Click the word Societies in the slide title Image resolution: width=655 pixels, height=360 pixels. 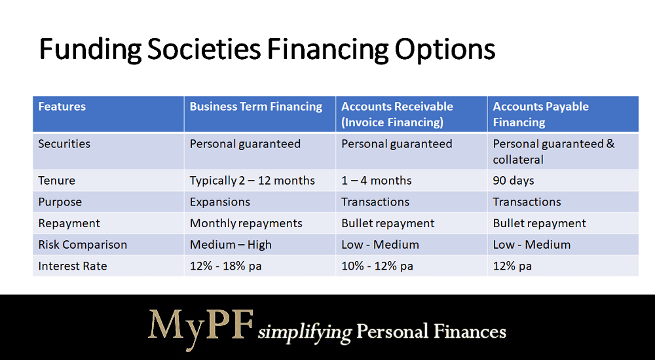click(204, 49)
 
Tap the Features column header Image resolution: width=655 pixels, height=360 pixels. click(62, 107)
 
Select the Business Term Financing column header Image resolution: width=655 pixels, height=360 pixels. click(255, 107)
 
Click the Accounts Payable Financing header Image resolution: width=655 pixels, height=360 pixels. click(540, 115)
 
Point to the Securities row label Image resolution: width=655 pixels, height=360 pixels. click(64, 143)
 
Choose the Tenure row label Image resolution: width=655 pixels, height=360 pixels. click(56, 181)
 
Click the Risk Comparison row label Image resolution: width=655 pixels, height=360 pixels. click(83, 244)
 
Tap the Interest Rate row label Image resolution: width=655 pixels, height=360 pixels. click(72, 266)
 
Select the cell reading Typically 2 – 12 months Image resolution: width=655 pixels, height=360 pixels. click(252, 181)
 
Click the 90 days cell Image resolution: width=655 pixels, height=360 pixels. click(513, 181)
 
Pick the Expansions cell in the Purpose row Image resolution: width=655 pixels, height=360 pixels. click(219, 202)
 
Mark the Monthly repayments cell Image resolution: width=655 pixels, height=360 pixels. click(246, 223)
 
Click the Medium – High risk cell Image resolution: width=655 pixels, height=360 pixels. click(231, 245)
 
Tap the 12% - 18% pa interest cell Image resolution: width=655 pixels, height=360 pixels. click(225, 266)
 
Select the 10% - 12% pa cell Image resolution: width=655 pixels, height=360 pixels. click(377, 266)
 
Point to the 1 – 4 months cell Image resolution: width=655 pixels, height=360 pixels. click(376, 181)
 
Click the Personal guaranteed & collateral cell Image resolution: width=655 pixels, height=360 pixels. click(553, 152)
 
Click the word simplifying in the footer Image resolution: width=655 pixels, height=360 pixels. click(305, 333)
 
